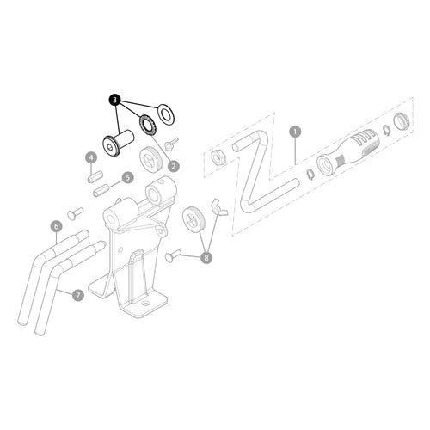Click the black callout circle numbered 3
click(x=115, y=100)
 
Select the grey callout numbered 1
click(x=295, y=132)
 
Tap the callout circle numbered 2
click(x=174, y=166)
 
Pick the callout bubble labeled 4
click(x=91, y=157)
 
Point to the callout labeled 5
click(x=128, y=178)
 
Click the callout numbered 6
click(x=57, y=226)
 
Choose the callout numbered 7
click(x=78, y=295)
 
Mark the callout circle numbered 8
click(x=206, y=257)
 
